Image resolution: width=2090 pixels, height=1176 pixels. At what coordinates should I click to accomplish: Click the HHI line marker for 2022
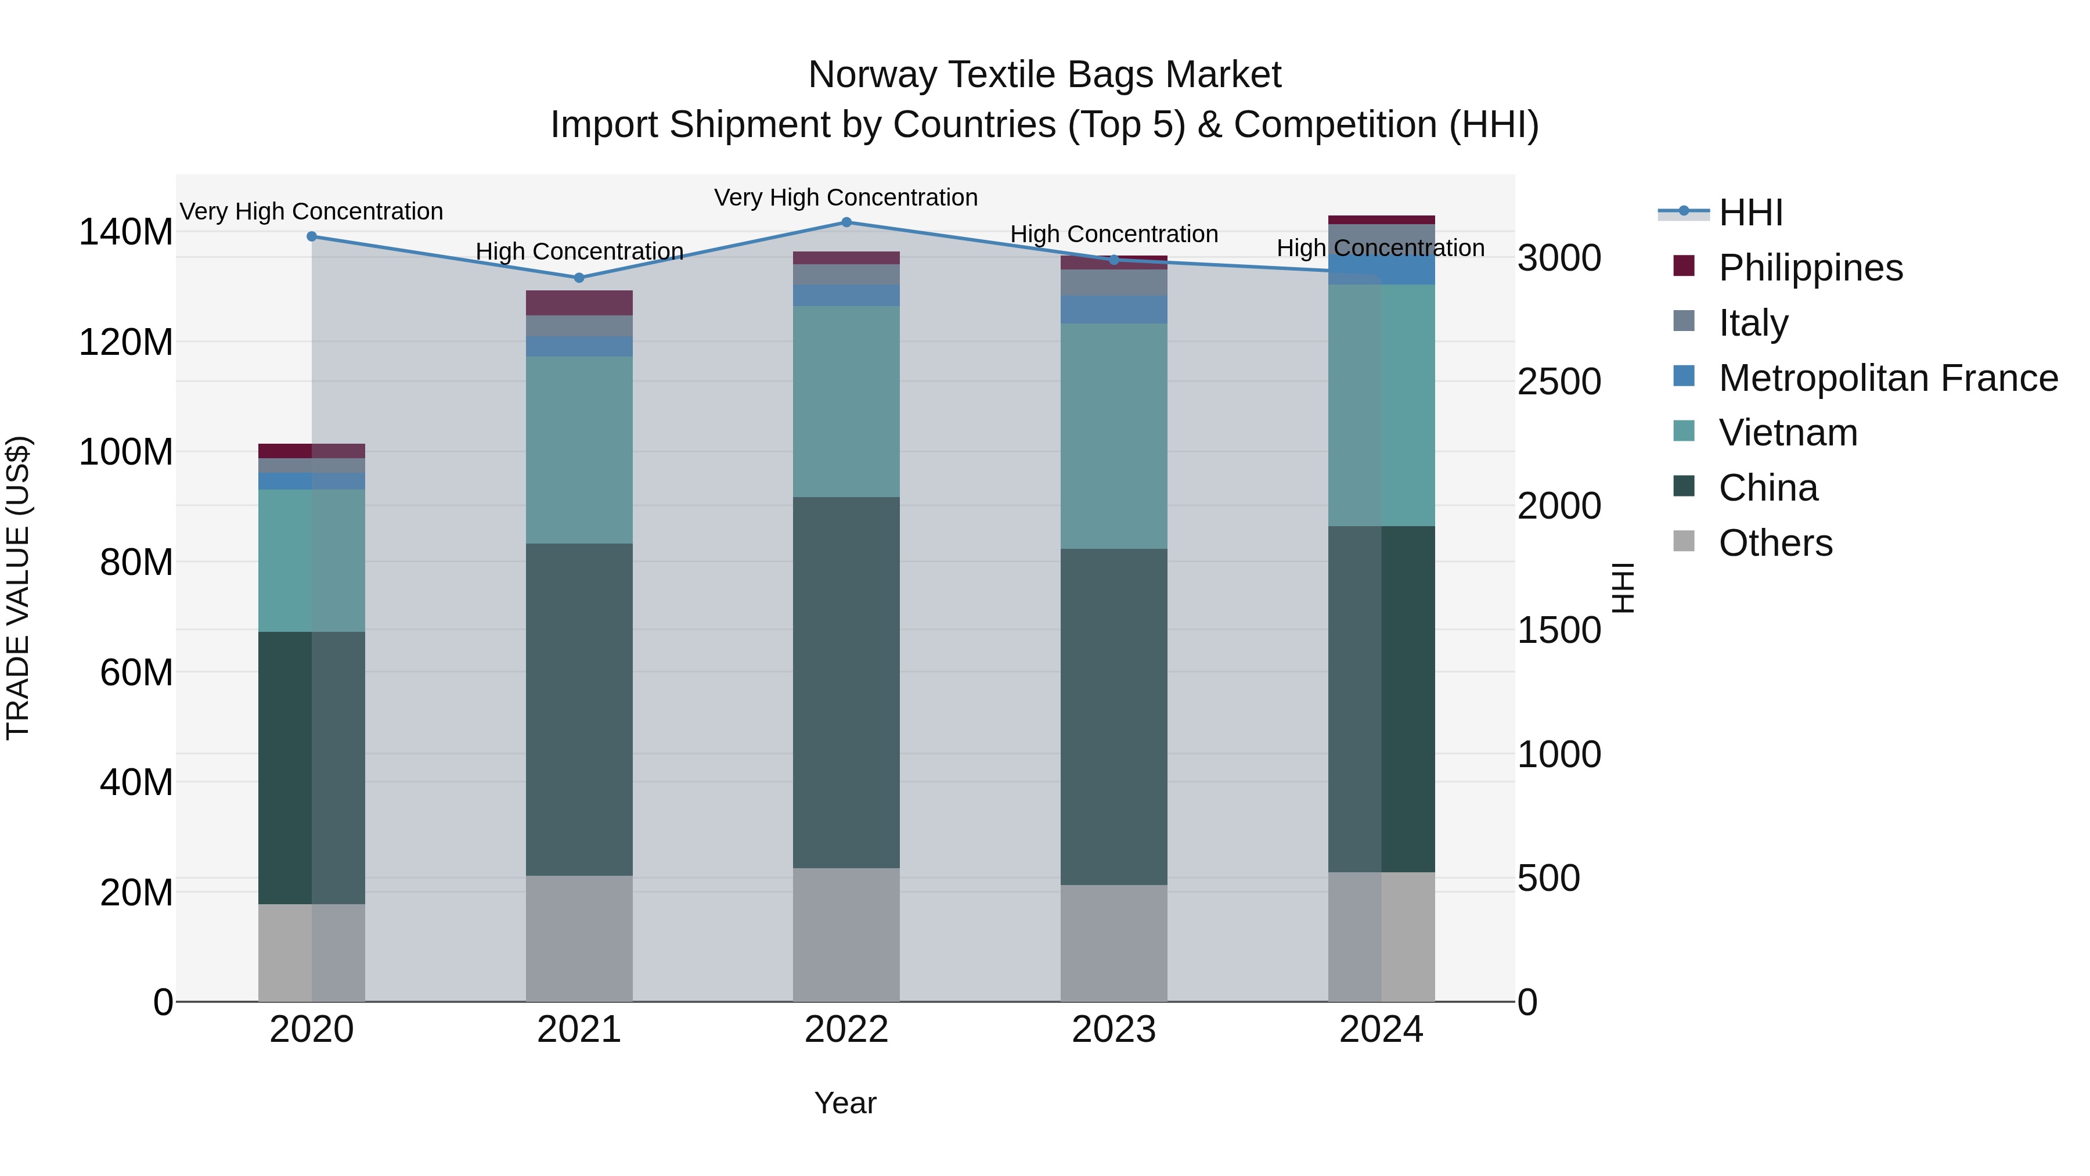846,222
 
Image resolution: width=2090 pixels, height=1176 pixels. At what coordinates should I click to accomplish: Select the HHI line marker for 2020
312,236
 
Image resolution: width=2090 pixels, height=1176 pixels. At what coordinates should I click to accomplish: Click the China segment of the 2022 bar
846,682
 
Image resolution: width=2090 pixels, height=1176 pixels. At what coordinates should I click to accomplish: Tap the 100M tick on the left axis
126,452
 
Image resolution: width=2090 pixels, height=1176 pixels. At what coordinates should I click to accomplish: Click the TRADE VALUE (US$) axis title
18,588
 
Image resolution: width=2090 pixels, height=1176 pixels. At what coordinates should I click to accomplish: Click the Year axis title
845,1103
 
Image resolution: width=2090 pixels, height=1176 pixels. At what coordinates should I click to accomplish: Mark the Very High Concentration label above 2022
846,197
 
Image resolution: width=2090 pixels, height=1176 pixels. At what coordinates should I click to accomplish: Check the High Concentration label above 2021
579,251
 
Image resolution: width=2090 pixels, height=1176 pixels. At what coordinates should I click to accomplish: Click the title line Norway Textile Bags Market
1044,75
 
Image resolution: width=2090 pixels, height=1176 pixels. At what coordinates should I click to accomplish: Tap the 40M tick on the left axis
136,782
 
